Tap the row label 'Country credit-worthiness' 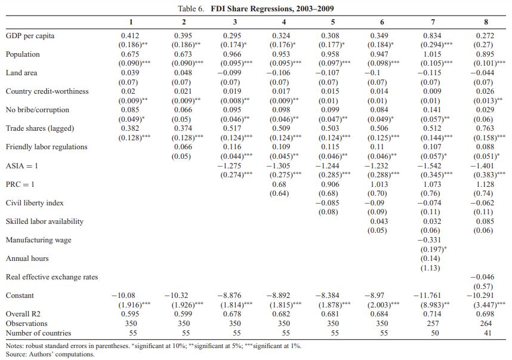pos(47,91)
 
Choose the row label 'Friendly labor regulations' pos(47,147)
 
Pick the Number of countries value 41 pos(488,333)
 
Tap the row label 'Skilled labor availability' pos(45,221)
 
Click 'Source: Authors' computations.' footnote pos(50,354)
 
